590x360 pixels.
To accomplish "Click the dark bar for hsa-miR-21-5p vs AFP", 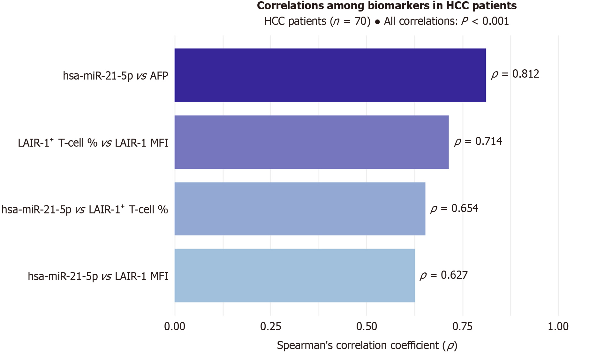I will pos(330,75).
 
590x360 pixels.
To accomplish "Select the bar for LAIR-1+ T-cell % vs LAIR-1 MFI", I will pos(312,142).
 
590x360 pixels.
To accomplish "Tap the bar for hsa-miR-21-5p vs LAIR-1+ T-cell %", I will pos(300,209).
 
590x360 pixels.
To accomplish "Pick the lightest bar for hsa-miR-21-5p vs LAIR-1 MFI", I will pos(295,276).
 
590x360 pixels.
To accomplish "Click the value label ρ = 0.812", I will pos(515,74).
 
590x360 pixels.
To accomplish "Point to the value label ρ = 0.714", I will pos(478,141).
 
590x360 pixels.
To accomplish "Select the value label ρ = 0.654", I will pos(454,209).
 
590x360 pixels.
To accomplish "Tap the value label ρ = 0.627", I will pos(444,275).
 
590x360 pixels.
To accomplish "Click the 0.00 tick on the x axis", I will pos(175,326).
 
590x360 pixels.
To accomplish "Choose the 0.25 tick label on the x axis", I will pos(271,326).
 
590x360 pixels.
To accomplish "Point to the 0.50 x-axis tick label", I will pos(367,326).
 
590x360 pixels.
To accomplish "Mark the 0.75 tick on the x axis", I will pos(463,326).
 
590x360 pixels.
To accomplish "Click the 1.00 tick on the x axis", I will pos(558,326).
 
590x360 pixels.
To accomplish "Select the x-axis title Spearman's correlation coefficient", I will pos(367,346).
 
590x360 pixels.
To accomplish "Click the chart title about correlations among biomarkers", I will pos(387,6).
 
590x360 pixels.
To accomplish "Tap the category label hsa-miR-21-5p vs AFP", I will pos(115,76).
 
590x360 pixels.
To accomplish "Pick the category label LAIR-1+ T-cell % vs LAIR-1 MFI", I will pos(93,142).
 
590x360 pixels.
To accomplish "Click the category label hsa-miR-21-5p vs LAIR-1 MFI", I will pos(98,276).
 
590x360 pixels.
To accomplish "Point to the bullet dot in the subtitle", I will pos(377,22).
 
